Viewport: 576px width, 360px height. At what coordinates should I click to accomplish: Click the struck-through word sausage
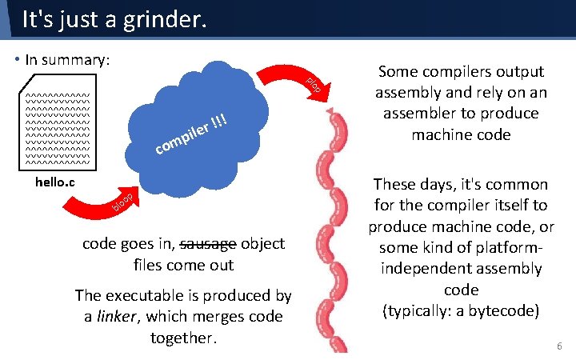coord(210,244)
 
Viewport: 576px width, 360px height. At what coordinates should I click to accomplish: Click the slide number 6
coord(559,346)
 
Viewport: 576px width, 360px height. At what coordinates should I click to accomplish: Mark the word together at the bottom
coord(182,338)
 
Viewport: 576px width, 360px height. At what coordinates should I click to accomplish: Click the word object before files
coord(262,244)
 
